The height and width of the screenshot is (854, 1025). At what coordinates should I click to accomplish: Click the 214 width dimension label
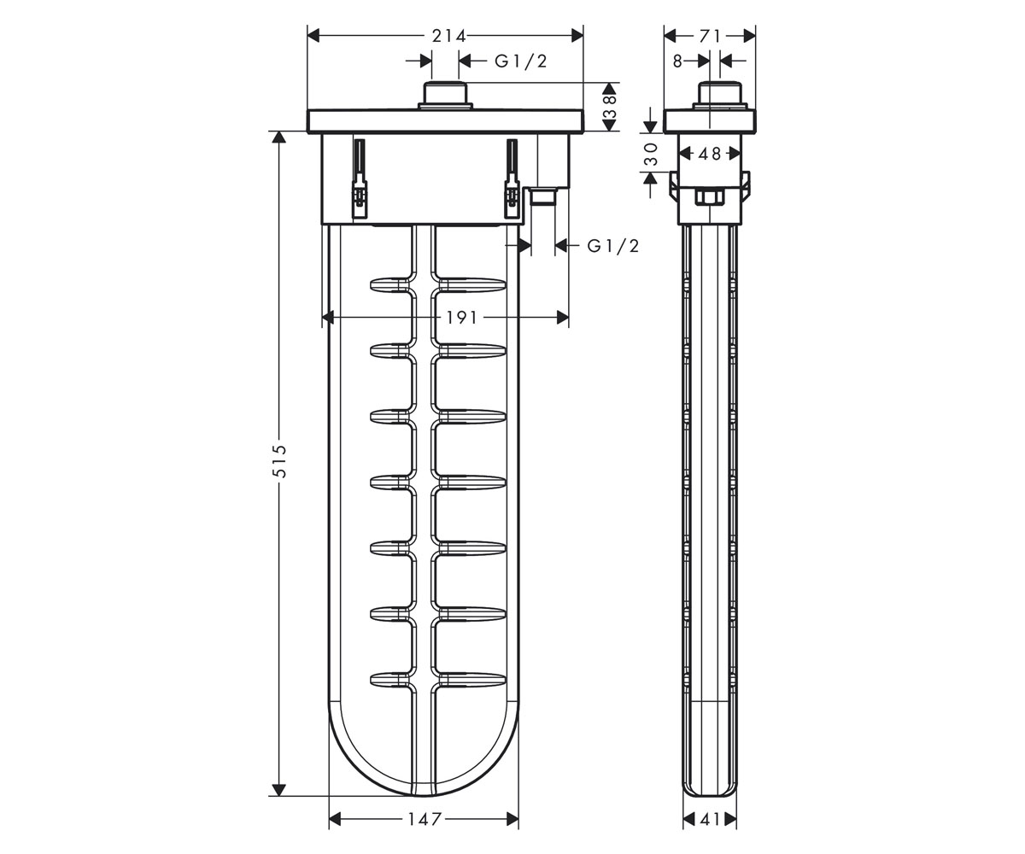click(448, 36)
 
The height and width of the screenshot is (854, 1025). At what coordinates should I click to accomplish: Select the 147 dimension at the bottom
click(425, 819)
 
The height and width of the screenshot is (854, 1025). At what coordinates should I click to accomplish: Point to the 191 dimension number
click(461, 318)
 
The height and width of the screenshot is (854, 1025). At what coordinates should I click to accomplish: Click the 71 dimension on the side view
click(710, 36)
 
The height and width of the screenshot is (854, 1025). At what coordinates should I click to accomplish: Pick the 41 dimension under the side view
click(710, 819)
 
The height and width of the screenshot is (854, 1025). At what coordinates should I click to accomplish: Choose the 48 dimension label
click(710, 154)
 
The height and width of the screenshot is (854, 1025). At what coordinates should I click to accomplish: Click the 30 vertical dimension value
click(650, 154)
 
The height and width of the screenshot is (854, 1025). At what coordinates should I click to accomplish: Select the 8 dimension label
click(678, 61)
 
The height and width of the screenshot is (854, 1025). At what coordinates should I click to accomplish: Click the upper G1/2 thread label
click(520, 61)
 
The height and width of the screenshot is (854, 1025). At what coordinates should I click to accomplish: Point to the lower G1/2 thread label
click(613, 246)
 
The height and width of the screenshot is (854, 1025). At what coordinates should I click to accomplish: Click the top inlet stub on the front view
click(445, 95)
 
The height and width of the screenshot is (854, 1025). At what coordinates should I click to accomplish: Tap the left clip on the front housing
click(360, 178)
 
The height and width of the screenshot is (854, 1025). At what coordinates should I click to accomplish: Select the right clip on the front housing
click(512, 178)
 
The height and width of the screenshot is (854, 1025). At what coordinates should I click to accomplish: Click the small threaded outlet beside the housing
click(543, 196)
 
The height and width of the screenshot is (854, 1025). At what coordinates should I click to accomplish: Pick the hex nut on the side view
click(710, 198)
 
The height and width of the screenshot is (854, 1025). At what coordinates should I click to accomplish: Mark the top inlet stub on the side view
click(720, 95)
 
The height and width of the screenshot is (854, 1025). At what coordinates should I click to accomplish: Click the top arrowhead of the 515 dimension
click(278, 137)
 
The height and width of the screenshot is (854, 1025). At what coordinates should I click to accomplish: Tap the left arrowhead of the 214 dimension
click(313, 36)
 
